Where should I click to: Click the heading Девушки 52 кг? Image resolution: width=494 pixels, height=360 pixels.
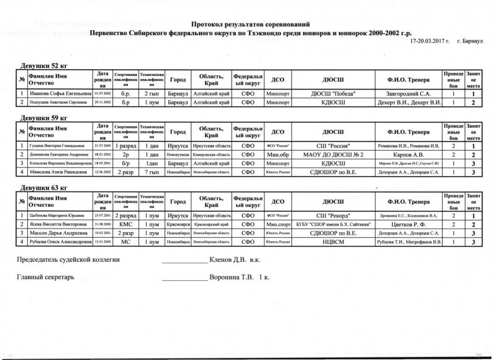tap(42, 65)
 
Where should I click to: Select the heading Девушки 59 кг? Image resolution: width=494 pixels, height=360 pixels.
tap(42, 117)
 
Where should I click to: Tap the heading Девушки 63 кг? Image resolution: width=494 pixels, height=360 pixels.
tap(42, 186)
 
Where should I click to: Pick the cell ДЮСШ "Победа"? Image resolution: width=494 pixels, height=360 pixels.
tap(333, 93)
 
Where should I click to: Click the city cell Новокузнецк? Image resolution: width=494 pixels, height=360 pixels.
tap(178, 154)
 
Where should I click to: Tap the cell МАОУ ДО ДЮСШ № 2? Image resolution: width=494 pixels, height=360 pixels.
tap(333, 154)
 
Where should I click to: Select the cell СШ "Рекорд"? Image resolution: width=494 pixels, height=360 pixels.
tap(333, 216)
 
